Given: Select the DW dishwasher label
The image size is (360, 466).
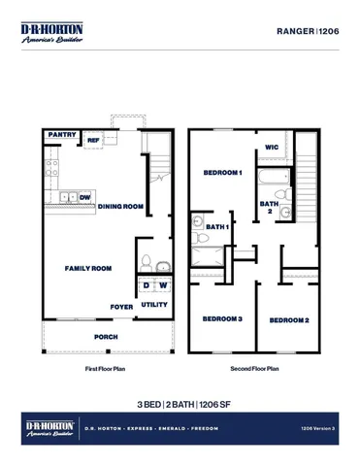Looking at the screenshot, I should (x=86, y=197).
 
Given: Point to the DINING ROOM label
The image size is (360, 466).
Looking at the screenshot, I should (x=120, y=206).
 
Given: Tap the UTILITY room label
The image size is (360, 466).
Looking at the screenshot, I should (x=154, y=305).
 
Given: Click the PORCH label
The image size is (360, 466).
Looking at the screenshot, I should (x=106, y=337).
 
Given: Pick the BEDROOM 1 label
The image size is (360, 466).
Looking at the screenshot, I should (x=221, y=173).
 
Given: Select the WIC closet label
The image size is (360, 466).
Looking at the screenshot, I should (x=272, y=149).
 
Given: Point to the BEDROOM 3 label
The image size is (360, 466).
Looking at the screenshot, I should (x=221, y=319).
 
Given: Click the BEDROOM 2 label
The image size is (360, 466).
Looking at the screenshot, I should (x=288, y=320).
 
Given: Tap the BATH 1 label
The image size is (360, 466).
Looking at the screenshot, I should (x=220, y=227).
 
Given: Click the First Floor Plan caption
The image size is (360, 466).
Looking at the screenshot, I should (x=106, y=369).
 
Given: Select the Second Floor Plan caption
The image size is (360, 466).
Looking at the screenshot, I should (x=255, y=369).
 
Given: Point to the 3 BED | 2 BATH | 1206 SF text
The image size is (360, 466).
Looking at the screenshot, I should (x=180, y=403).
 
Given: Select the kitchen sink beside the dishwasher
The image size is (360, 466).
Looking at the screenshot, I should (x=69, y=197).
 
